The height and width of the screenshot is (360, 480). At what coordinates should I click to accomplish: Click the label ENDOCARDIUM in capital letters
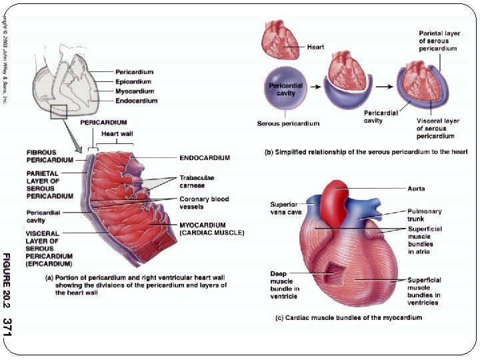point(205,158)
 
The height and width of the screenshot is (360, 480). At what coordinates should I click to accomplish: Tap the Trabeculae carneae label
point(197,182)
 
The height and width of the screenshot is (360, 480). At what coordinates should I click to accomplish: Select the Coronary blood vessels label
point(204,203)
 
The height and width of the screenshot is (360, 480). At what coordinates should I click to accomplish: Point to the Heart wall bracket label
point(117,134)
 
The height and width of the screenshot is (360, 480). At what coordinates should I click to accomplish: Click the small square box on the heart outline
point(59,111)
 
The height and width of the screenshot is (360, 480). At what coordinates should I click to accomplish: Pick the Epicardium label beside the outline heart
point(134,81)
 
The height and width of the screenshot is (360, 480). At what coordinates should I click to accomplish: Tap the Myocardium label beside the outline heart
point(134,91)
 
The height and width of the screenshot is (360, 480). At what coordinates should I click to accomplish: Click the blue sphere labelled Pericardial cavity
point(286,89)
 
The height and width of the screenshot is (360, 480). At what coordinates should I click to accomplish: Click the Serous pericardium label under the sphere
point(288,123)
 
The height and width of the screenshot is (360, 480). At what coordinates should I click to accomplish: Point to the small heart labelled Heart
point(281,39)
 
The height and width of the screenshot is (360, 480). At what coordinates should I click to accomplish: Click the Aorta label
point(417,189)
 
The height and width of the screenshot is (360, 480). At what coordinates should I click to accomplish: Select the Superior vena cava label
point(286,208)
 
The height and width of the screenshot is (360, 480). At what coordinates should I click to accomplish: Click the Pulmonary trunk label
point(425,215)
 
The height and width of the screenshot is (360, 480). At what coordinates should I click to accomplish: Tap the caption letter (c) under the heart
point(281,318)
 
